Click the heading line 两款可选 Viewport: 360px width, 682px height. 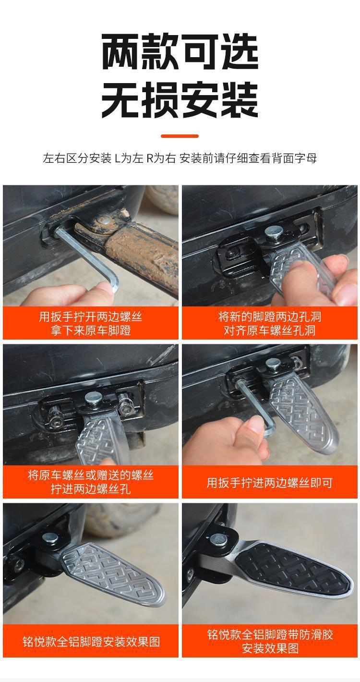point(180,52)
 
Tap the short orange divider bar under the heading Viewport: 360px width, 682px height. point(180,136)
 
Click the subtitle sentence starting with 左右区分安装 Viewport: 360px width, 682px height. point(180,158)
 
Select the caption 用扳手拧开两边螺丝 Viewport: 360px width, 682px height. point(90,317)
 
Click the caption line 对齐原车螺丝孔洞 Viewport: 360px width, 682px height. point(270,330)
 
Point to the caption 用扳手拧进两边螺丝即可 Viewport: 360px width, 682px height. point(270,483)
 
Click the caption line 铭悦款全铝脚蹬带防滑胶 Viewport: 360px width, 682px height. point(270,635)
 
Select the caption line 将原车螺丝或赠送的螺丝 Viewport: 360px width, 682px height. point(90,475)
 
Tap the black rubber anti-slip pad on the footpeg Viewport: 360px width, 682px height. point(290,564)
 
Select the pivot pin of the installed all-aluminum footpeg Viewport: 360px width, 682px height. point(50,538)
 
